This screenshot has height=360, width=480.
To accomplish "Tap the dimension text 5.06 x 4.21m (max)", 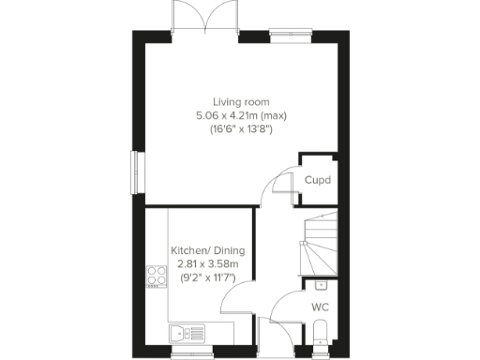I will (x=239, y=115).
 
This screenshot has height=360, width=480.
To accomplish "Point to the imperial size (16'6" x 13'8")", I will (x=239, y=129).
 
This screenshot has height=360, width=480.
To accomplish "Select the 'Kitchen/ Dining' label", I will (x=207, y=250).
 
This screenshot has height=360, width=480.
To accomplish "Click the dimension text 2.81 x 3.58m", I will (x=207, y=264).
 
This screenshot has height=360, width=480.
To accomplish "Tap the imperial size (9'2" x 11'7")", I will (x=207, y=278).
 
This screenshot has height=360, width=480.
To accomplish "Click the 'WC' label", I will (x=319, y=306).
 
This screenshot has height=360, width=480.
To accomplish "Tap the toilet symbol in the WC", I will (x=320, y=332).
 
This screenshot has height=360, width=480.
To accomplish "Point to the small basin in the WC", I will (x=320, y=283).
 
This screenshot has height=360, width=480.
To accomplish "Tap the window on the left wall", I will (x=136, y=172).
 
